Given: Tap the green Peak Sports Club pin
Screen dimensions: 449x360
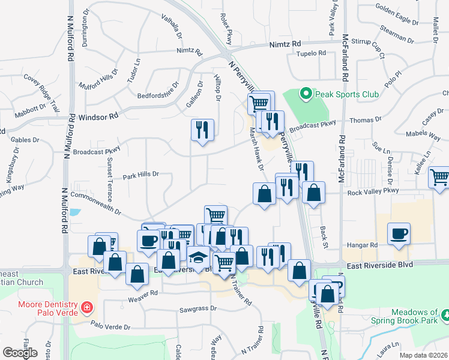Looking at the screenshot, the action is coord(306,94).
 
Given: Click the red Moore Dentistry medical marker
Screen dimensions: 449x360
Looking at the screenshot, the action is coord(88,308).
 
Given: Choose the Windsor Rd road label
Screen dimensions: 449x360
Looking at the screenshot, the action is coord(100,114).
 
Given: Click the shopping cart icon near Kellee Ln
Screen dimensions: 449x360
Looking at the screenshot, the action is coord(439,176).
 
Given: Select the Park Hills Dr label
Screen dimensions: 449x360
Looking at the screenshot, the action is coord(140,176).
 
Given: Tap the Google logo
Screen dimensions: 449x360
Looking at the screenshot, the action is coord(20,353).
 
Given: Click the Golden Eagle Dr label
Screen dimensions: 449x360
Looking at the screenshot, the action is coord(397,14).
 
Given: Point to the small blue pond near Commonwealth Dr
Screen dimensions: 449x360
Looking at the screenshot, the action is coord(74,212).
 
